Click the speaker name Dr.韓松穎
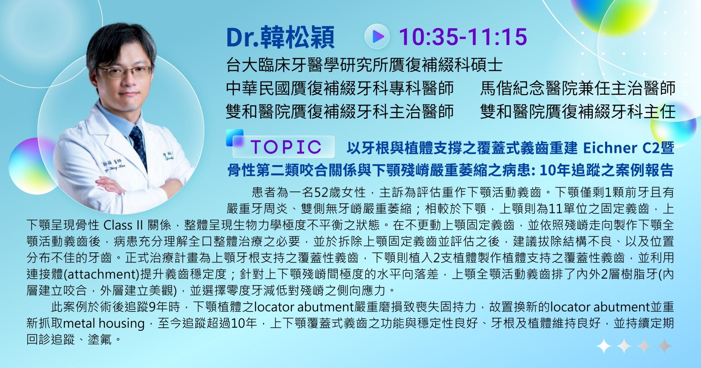[280, 38]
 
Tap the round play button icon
[377, 37]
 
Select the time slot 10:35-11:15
[463, 37]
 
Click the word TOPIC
[286, 147]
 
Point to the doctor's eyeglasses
[124, 72]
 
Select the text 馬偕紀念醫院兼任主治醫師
[577, 88]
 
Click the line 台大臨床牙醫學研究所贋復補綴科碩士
[364, 65]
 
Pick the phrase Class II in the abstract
[123, 225]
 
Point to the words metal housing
[104, 323]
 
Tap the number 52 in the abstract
[320, 192]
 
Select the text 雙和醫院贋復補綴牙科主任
[577, 112]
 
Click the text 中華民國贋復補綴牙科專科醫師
[340, 88]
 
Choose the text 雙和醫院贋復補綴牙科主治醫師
[340, 112]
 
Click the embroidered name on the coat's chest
[113, 165]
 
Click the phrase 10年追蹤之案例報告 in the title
[607, 170]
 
